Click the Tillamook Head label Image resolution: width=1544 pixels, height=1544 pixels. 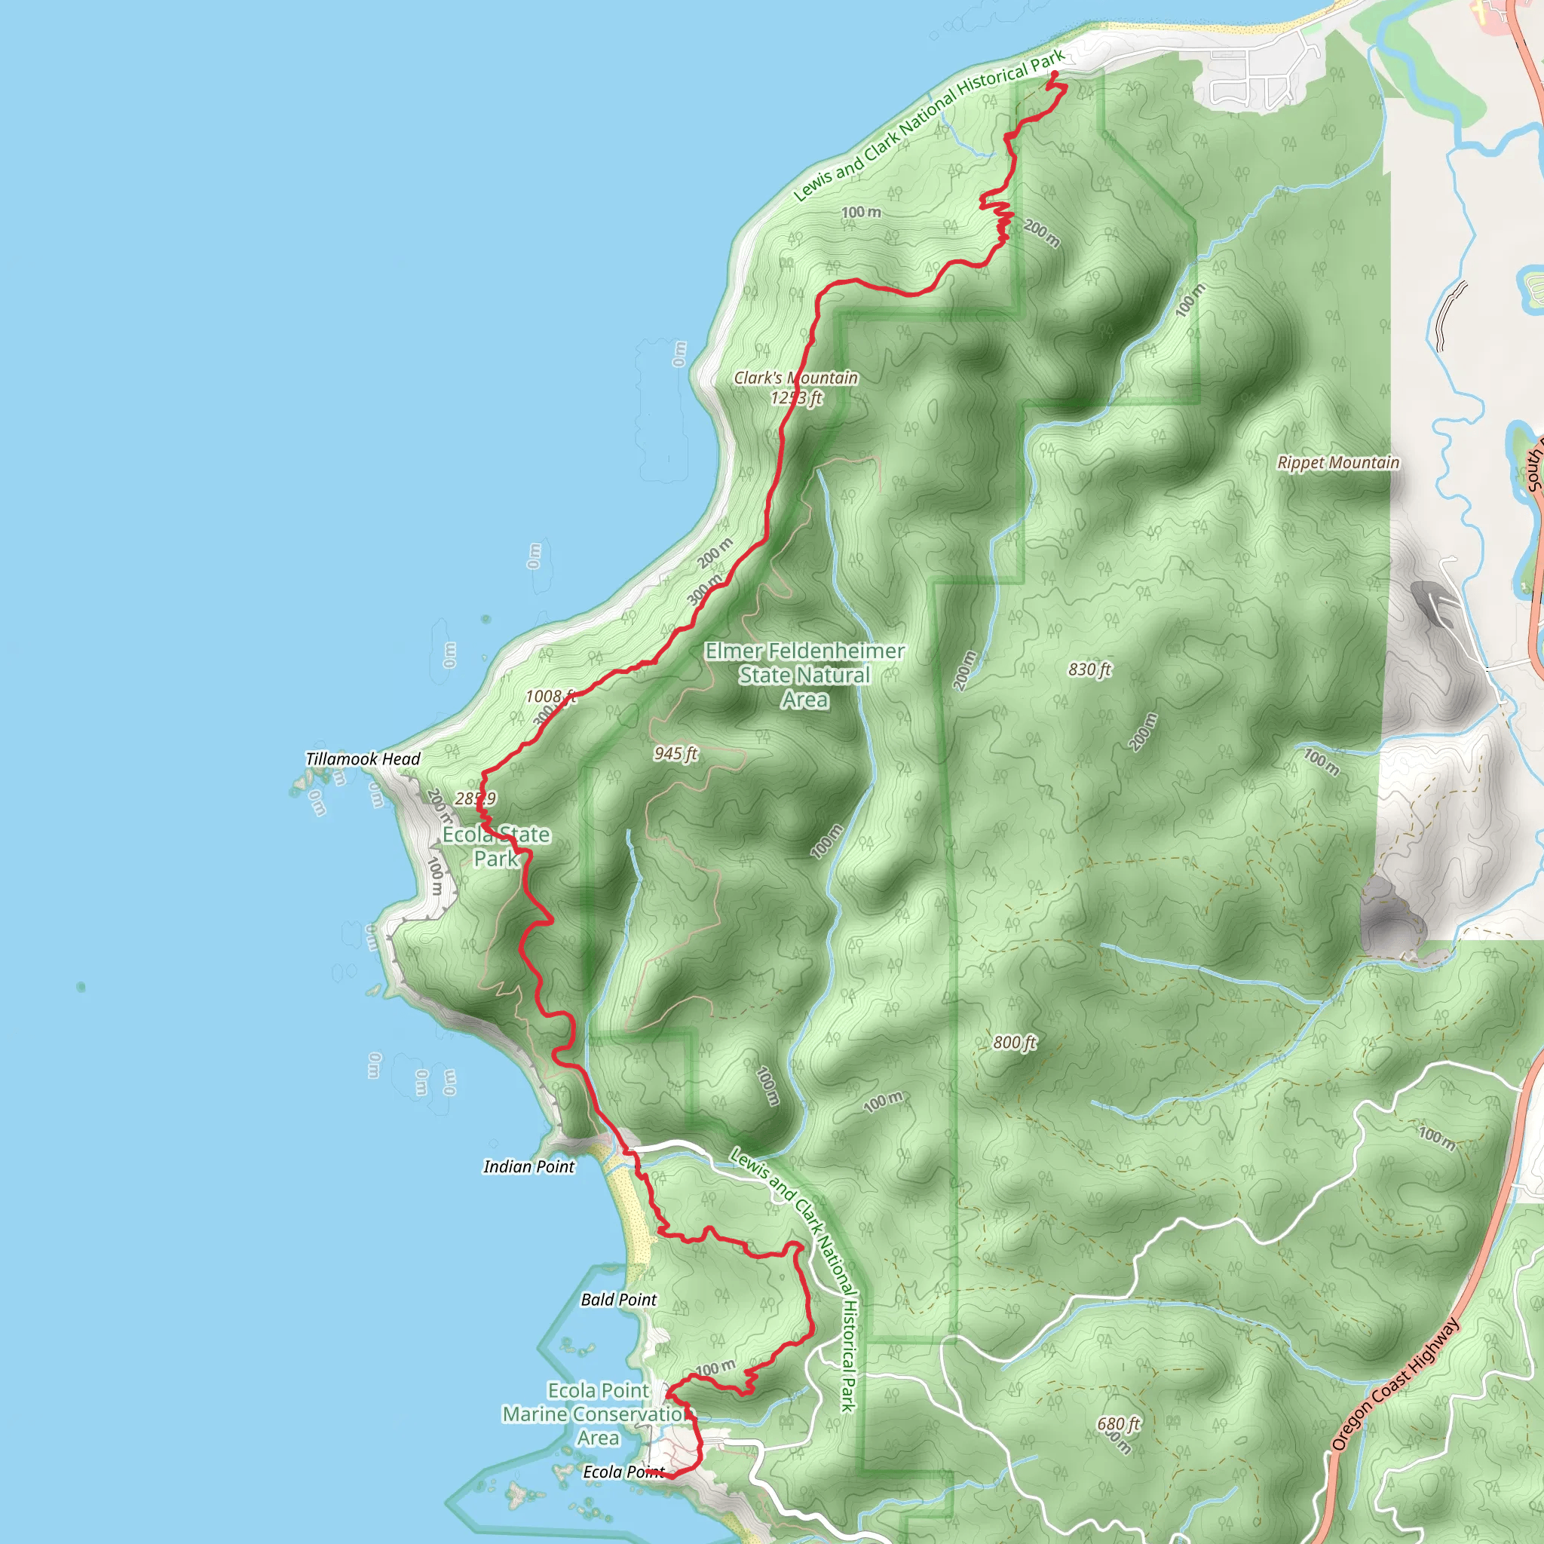click(363, 758)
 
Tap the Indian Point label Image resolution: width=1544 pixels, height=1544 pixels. click(528, 1166)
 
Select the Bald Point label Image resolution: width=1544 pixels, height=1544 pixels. click(617, 1299)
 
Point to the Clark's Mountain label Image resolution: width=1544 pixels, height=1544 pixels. click(795, 377)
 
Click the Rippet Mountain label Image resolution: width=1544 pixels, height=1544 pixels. click(1338, 462)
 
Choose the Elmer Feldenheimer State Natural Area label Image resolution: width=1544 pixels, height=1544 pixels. click(804, 675)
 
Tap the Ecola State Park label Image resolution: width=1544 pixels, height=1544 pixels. click(495, 846)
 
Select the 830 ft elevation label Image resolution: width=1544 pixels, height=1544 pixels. click(1089, 669)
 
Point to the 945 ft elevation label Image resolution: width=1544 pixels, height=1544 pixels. click(675, 753)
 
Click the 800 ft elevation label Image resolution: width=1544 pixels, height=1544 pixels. click(1014, 1041)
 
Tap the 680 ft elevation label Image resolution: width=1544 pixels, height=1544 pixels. click(1117, 1423)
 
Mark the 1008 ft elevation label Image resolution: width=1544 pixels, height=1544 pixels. click(550, 696)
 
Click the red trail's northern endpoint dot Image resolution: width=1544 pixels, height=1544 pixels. click(1054, 75)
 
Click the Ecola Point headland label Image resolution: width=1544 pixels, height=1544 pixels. click(623, 1472)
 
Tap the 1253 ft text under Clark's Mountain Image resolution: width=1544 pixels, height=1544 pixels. click(796, 398)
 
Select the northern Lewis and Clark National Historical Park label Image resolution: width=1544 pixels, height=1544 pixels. click(929, 124)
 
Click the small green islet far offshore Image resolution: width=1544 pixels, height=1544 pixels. click(81, 987)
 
